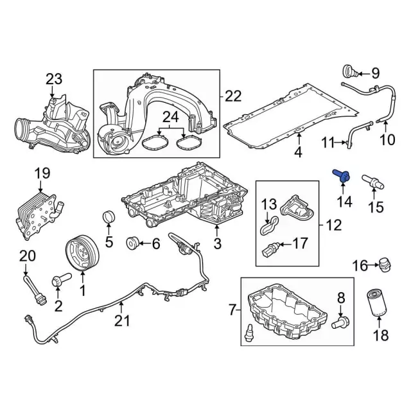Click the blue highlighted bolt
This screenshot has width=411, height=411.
point(341,176)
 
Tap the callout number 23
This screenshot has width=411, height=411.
point(54,80)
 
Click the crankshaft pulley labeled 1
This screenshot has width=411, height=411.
point(82,253)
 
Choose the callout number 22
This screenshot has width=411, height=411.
point(233,96)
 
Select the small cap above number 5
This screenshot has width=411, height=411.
point(109,216)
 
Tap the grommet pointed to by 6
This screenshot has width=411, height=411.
point(132,243)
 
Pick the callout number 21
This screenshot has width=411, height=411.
point(122,320)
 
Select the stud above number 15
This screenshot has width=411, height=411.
point(372,182)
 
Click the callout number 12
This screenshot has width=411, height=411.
point(334,225)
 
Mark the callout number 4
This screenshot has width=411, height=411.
point(298,152)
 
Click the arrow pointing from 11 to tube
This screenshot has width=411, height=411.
point(340,143)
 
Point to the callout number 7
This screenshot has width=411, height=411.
point(232,310)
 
